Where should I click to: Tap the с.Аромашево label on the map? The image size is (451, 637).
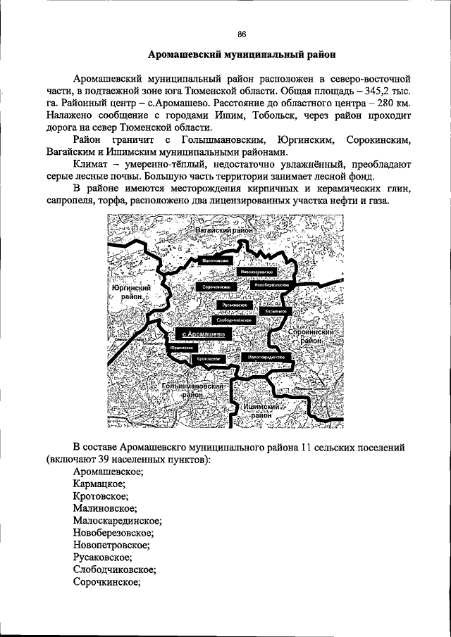pyautogui.click(x=203, y=334)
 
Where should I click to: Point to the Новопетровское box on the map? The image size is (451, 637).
pyautogui.click(x=255, y=271)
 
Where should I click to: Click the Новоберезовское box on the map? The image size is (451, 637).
pyautogui.click(x=271, y=284)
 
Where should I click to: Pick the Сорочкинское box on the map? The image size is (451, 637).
pyautogui.click(x=217, y=288)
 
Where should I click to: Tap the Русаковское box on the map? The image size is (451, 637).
pyautogui.click(x=235, y=305)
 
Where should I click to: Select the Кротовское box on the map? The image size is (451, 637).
pyautogui.click(x=209, y=359)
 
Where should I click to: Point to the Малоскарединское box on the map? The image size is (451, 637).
pyautogui.click(x=266, y=357)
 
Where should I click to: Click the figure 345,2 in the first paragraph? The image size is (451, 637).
pyautogui.click(x=360, y=92)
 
